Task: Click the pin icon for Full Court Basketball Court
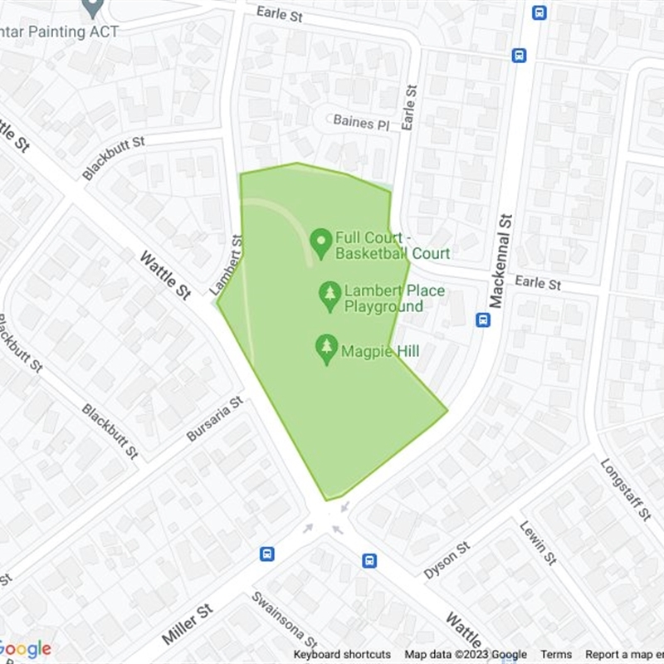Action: [321, 243]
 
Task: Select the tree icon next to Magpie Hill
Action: [327, 349]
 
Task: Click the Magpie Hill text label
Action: [380, 352]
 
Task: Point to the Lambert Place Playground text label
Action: [394, 299]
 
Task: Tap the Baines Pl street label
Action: [360, 122]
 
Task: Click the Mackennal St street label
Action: [503, 260]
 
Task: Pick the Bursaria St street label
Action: [213, 418]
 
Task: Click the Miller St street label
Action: [188, 625]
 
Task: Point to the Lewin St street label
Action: [537, 542]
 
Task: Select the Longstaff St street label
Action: [625, 490]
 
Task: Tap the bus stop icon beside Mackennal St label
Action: [483, 320]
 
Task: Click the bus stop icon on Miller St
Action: [267, 554]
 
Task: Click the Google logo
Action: [26, 649]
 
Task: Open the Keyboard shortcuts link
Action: [342, 655]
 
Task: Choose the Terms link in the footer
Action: [556, 655]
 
